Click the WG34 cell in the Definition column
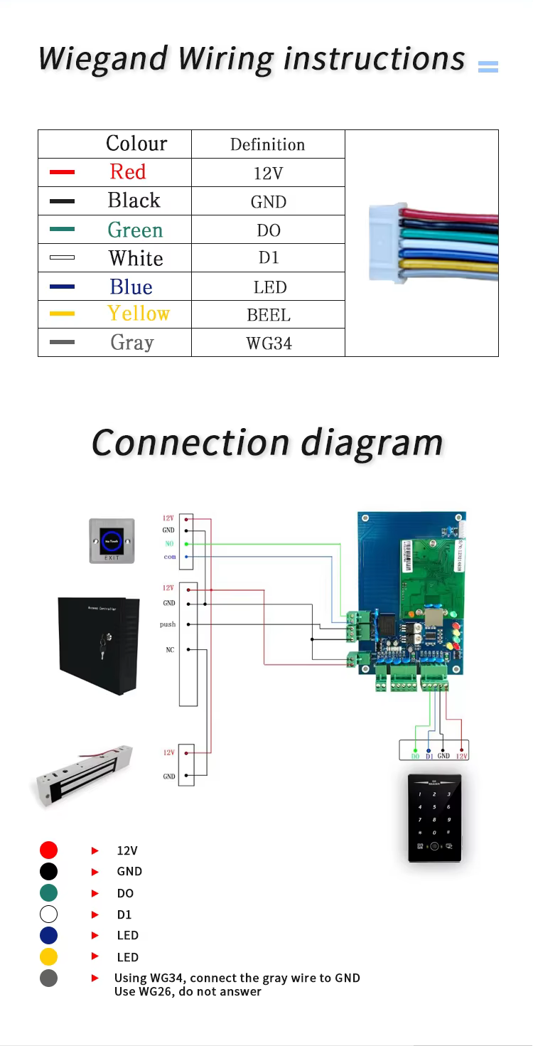click(x=269, y=343)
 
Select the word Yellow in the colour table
click(x=139, y=314)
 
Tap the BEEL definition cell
click(x=269, y=315)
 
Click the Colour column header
click(x=136, y=144)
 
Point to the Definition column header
click(x=268, y=144)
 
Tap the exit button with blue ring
click(x=112, y=540)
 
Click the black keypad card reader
click(x=434, y=817)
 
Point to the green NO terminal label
click(x=168, y=544)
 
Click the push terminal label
click(x=168, y=624)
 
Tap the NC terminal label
click(x=170, y=650)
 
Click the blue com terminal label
click(x=169, y=557)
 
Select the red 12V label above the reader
click(x=462, y=756)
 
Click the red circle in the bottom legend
click(x=48, y=850)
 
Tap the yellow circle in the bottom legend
click(x=48, y=956)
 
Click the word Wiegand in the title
click(x=104, y=59)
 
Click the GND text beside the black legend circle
click(x=129, y=871)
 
